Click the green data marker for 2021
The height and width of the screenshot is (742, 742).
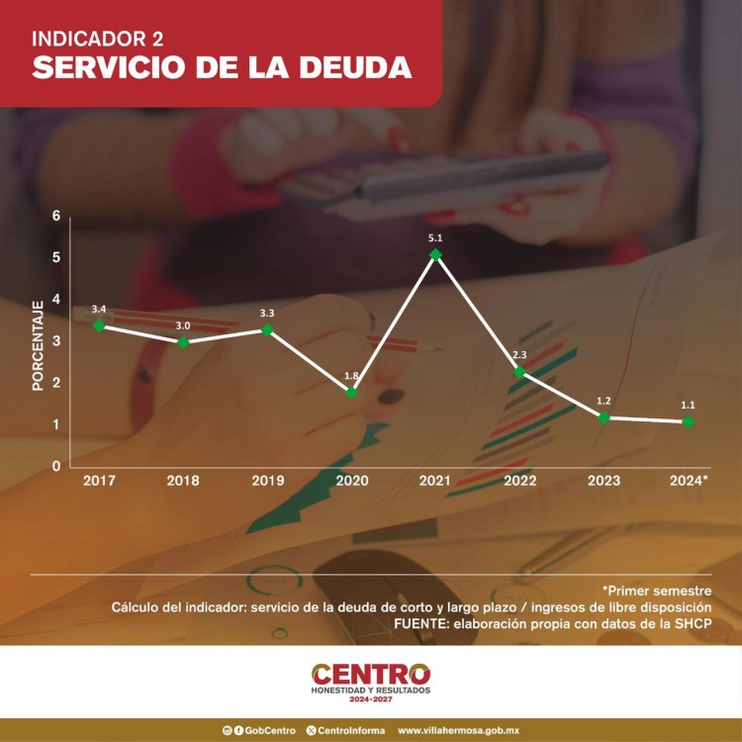[435, 254]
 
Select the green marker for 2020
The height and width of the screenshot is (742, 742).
[351, 393]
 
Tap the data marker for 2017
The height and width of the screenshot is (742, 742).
[99, 325]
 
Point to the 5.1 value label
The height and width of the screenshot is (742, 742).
[435, 237]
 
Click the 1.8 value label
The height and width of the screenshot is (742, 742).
[351, 376]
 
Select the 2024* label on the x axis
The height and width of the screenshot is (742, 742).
[689, 481]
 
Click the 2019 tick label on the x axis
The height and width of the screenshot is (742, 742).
[267, 481]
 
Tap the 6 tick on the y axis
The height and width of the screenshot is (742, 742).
[56, 217]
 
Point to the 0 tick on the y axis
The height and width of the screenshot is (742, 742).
[56, 466]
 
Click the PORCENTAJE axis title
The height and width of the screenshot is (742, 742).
[38, 345]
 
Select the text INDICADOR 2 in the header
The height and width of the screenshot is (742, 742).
[97, 40]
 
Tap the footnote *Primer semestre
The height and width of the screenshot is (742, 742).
[656, 591]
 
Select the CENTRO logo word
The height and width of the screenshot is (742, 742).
[371, 674]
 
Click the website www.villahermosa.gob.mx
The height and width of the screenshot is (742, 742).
[458, 730]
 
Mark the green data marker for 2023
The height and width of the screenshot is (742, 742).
[603, 417]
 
